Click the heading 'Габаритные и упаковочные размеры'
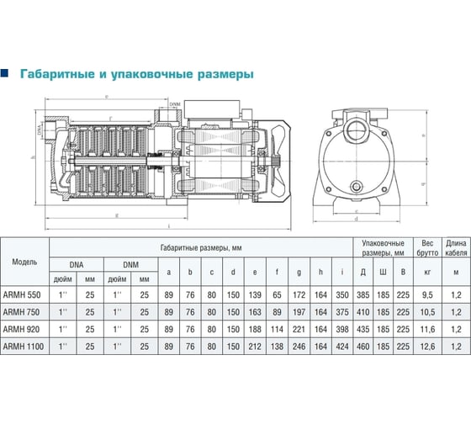pyautogui.click(x=135, y=74)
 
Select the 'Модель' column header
pyautogui.click(x=24, y=261)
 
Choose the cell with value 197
pyautogui.click(x=300, y=312)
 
